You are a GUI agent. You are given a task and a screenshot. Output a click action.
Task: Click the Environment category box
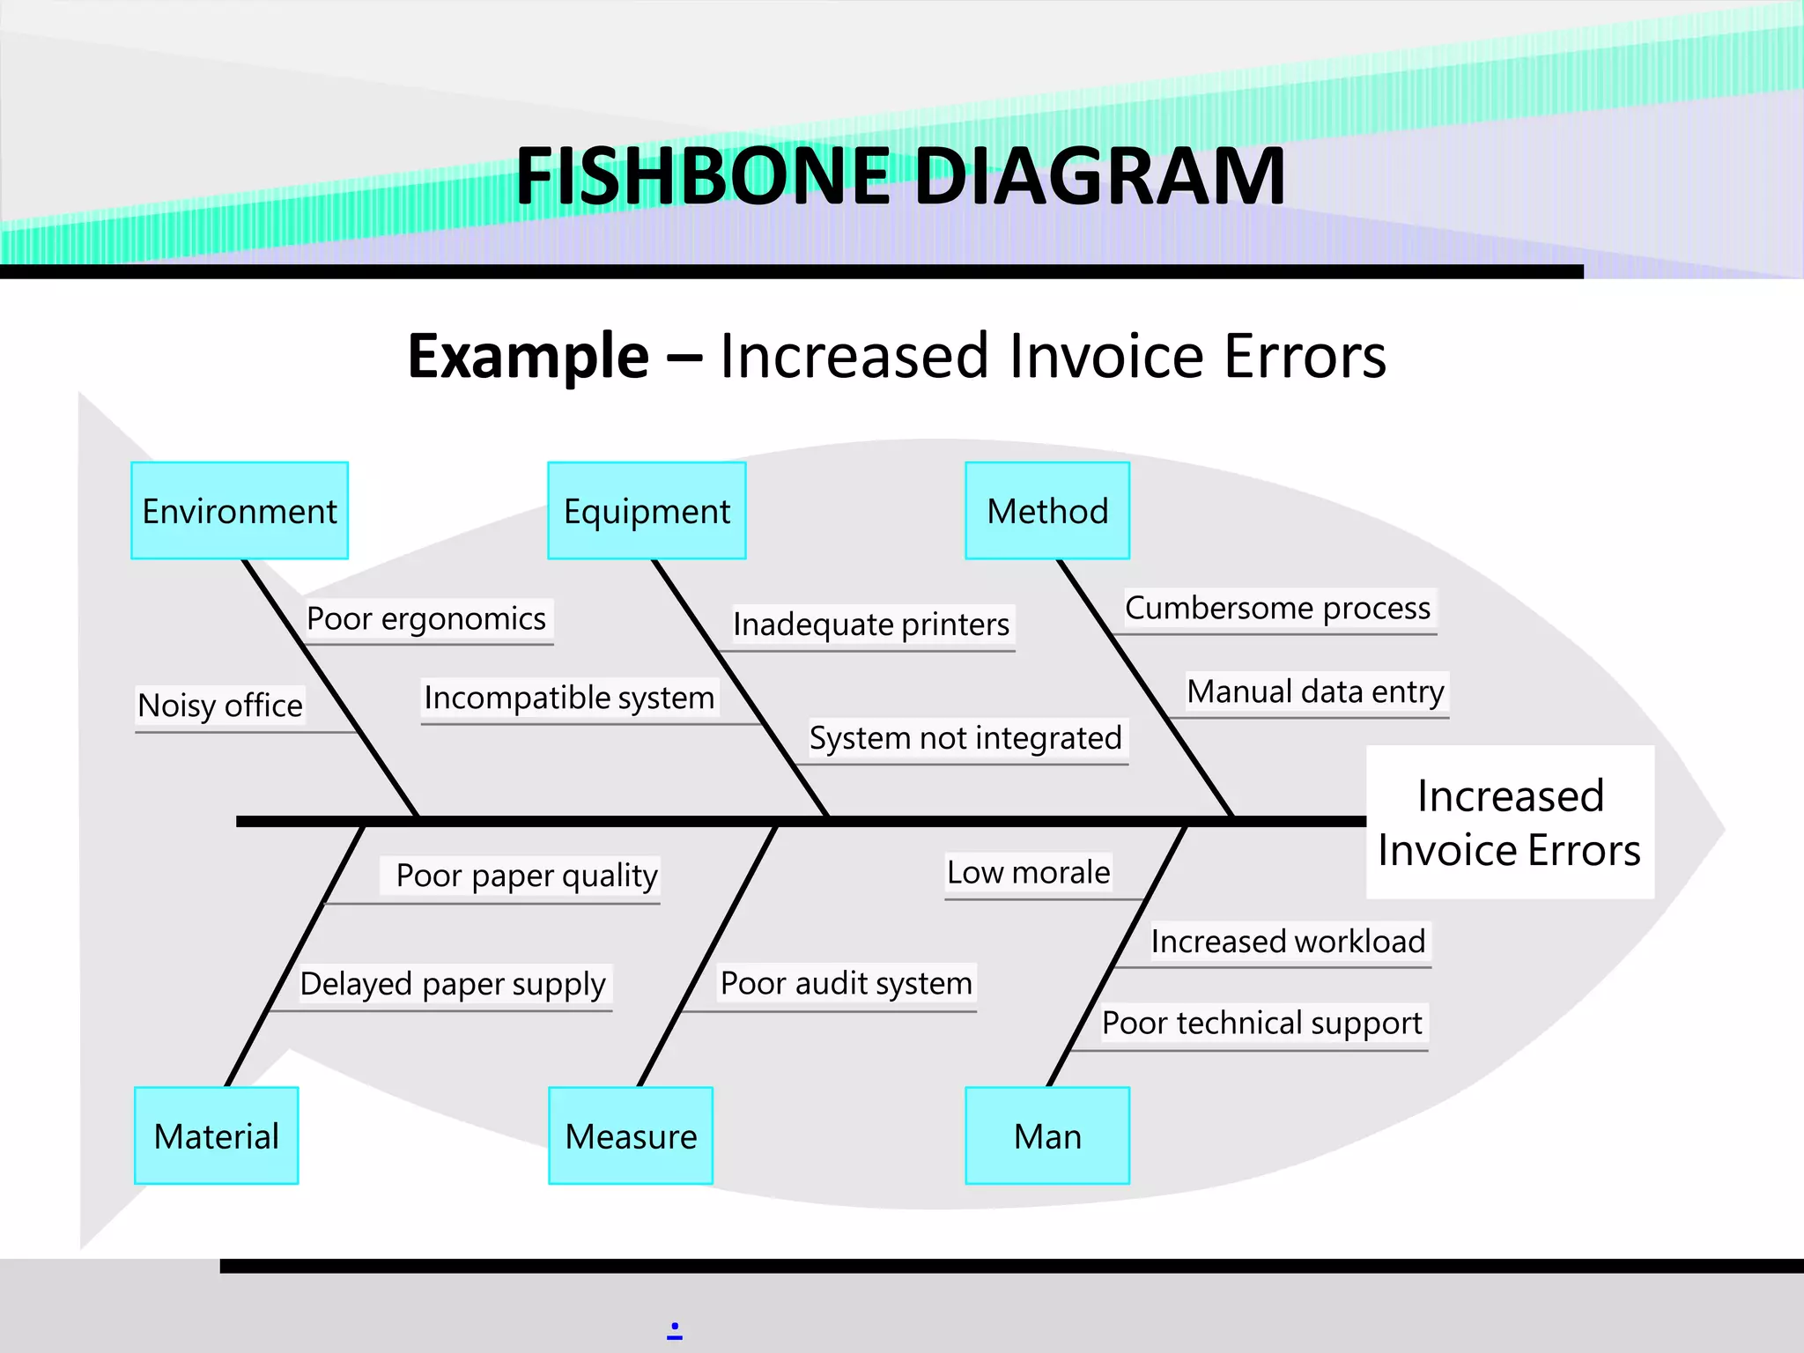240,511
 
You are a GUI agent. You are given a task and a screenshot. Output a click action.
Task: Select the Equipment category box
647,511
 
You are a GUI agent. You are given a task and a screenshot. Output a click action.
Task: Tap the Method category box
1047,511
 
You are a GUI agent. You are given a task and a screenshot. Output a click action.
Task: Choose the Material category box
217,1135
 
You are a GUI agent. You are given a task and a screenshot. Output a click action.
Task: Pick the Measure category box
631,1135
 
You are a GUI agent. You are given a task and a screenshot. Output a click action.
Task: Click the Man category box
1047,1135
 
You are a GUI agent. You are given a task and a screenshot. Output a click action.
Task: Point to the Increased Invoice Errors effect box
1510,823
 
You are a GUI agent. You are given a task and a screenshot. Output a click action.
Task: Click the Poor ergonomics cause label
426,618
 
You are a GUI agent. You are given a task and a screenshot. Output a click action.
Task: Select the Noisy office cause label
220,706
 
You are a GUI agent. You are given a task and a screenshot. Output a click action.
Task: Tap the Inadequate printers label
871,625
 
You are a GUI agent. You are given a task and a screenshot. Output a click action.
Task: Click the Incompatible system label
569,698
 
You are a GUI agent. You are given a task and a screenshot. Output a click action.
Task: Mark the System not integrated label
965,738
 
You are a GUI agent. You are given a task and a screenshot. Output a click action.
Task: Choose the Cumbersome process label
1277,608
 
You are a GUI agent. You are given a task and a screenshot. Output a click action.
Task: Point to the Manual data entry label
1315,691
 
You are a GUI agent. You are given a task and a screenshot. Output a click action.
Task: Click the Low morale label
1028,872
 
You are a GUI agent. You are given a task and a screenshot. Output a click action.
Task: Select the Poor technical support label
1261,1023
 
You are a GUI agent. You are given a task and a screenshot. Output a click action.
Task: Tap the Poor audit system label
847,983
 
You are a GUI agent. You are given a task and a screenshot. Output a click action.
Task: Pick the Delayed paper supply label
453,984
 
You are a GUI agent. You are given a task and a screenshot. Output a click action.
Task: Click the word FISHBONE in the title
702,176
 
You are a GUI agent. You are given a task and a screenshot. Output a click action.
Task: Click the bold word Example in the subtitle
529,356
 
